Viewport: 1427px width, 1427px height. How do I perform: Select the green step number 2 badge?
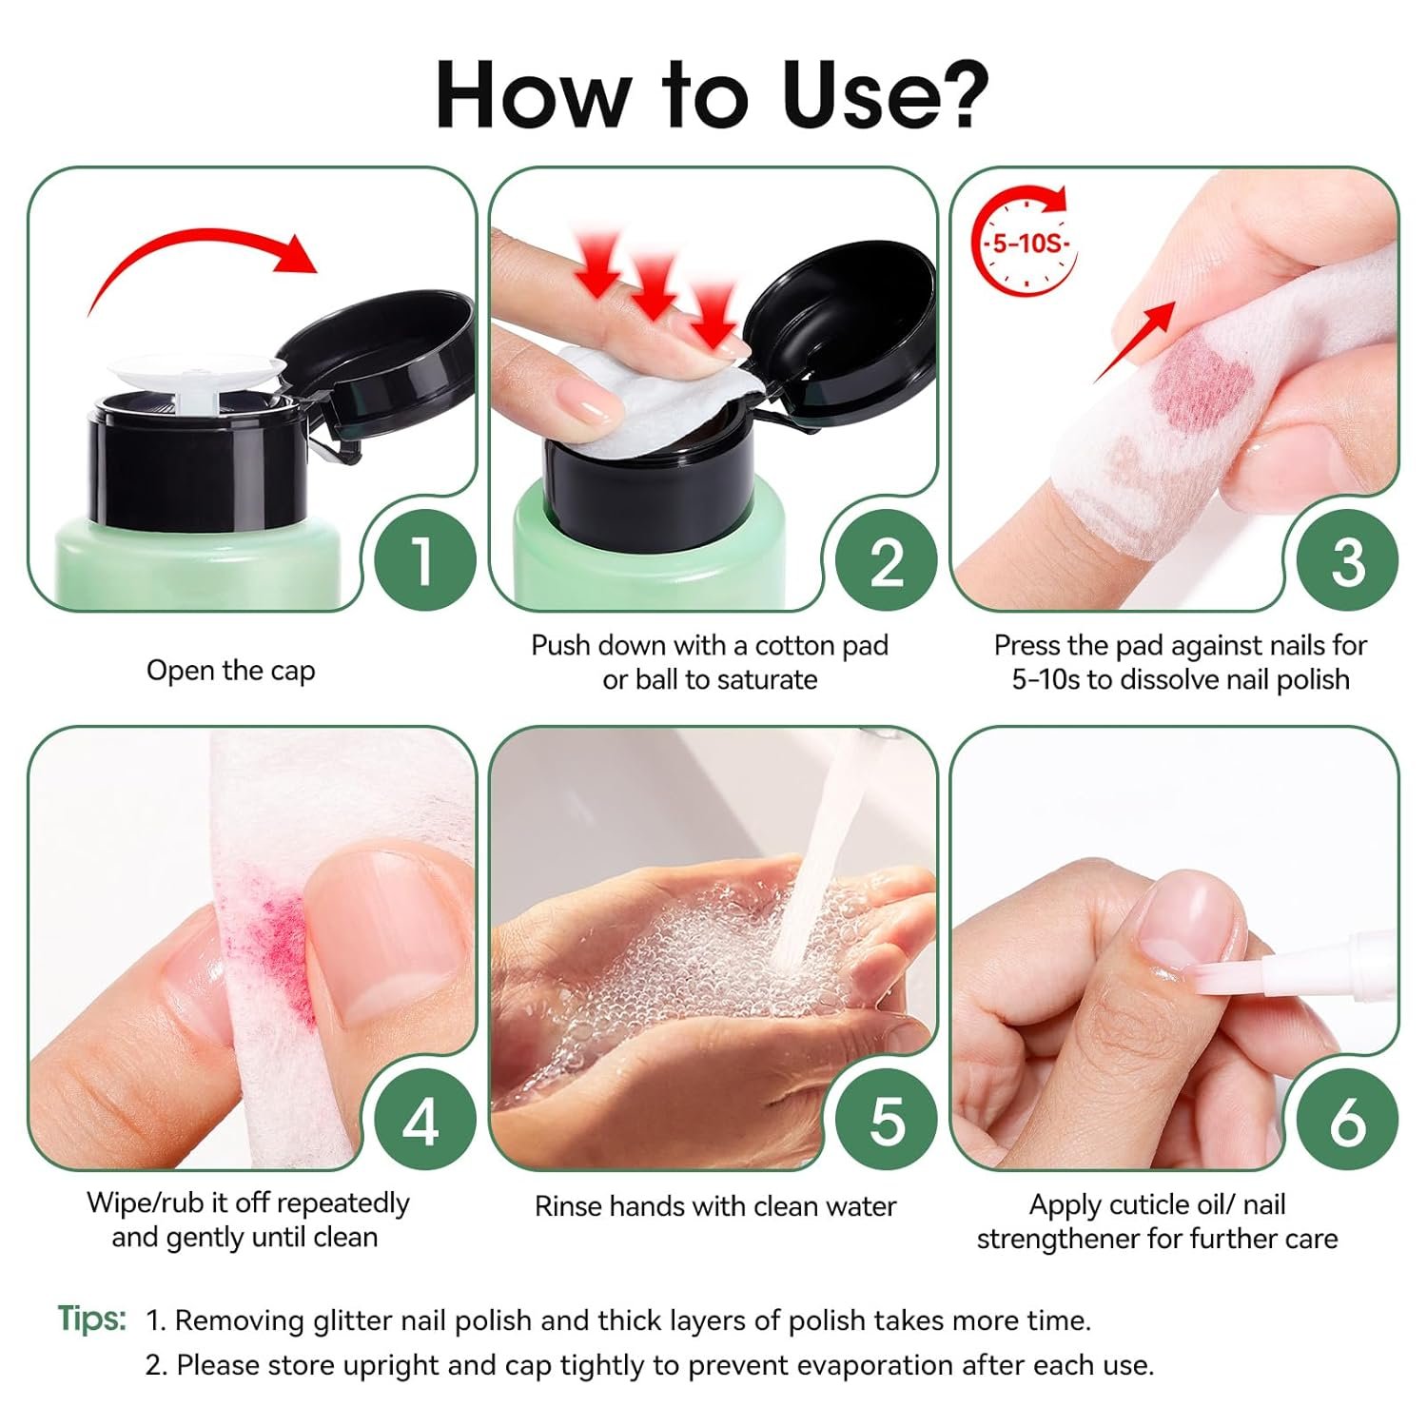point(886,560)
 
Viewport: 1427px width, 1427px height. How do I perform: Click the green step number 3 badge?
point(1347,560)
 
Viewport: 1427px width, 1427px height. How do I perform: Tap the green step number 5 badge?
point(886,1120)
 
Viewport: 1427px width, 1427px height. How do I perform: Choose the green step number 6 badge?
point(1347,1120)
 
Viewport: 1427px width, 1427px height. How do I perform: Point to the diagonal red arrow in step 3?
point(1134,342)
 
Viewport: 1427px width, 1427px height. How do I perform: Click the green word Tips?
point(91,1319)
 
